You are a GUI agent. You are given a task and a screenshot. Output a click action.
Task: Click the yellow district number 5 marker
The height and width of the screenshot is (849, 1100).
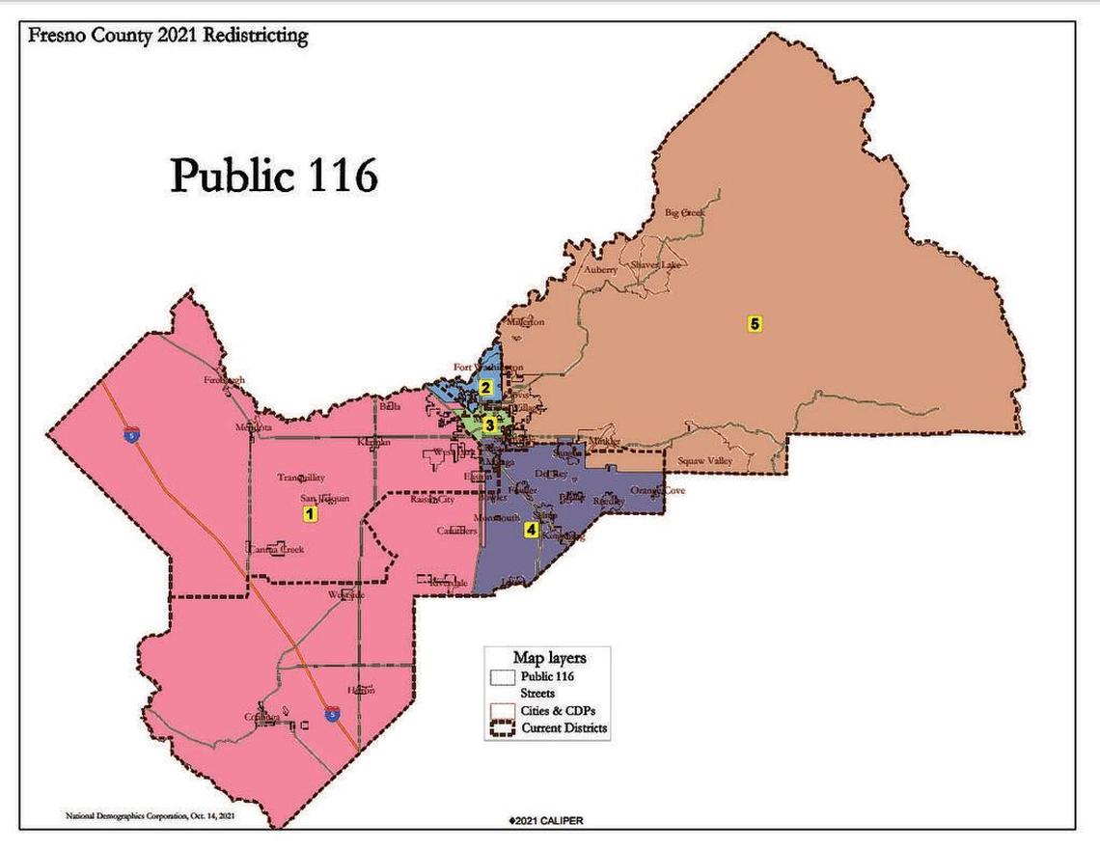pyautogui.click(x=755, y=324)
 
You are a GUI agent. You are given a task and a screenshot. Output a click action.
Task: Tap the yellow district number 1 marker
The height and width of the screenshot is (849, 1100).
pyautogui.click(x=310, y=514)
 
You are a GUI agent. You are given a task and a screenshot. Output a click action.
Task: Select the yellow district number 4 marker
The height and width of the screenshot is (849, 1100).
pyautogui.click(x=530, y=529)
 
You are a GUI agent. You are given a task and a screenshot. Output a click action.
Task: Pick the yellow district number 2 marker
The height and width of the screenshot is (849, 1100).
pyautogui.click(x=486, y=388)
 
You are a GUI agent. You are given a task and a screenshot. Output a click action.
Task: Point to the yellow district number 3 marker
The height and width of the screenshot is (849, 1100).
pyautogui.click(x=490, y=424)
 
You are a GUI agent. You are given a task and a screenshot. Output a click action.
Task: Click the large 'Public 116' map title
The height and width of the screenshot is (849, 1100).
pyautogui.click(x=274, y=177)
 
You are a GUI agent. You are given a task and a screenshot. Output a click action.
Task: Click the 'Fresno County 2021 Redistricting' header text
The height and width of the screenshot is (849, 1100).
pyautogui.click(x=168, y=37)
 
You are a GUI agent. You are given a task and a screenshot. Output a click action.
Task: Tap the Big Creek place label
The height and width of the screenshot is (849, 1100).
pyautogui.click(x=685, y=212)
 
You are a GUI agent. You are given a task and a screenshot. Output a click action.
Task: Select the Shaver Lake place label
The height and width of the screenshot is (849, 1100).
pyautogui.click(x=655, y=264)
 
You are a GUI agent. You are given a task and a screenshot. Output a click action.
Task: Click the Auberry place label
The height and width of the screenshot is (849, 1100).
pyautogui.click(x=600, y=270)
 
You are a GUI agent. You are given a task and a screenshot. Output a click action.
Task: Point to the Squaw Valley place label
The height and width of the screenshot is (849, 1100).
pyautogui.click(x=704, y=461)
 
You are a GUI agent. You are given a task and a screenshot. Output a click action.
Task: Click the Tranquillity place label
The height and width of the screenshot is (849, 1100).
pyautogui.click(x=301, y=478)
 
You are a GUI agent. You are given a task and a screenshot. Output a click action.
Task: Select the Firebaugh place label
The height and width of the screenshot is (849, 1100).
pyautogui.click(x=224, y=380)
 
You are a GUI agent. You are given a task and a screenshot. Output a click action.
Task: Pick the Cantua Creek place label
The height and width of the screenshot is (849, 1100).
pyautogui.click(x=278, y=549)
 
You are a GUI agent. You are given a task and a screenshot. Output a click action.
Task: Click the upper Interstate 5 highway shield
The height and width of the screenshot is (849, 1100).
pyautogui.click(x=130, y=436)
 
